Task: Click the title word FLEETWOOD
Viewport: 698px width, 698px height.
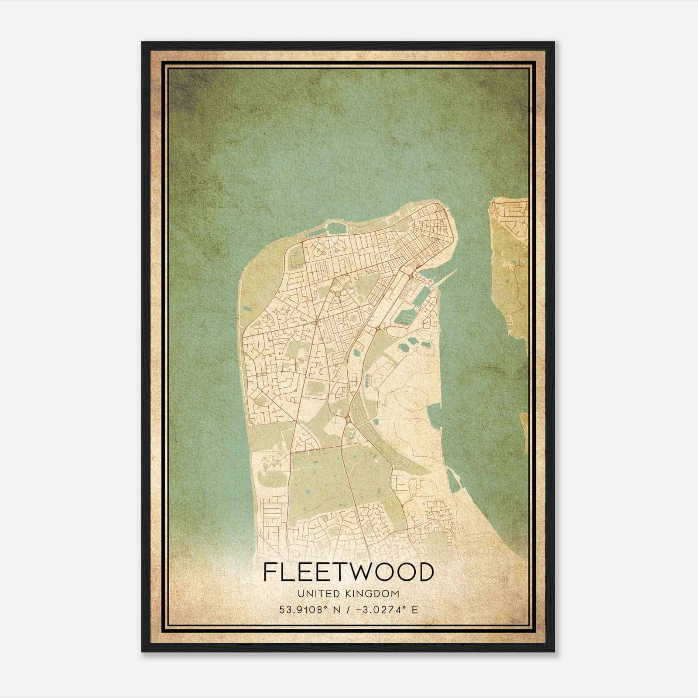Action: click(x=349, y=572)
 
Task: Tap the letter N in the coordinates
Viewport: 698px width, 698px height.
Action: click(x=336, y=609)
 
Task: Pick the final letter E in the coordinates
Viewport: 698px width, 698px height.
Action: click(x=415, y=609)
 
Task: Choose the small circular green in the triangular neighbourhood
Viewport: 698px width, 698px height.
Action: click(x=338, y=294)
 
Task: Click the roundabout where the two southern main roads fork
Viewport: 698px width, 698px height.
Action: click(x=348, y=420)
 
